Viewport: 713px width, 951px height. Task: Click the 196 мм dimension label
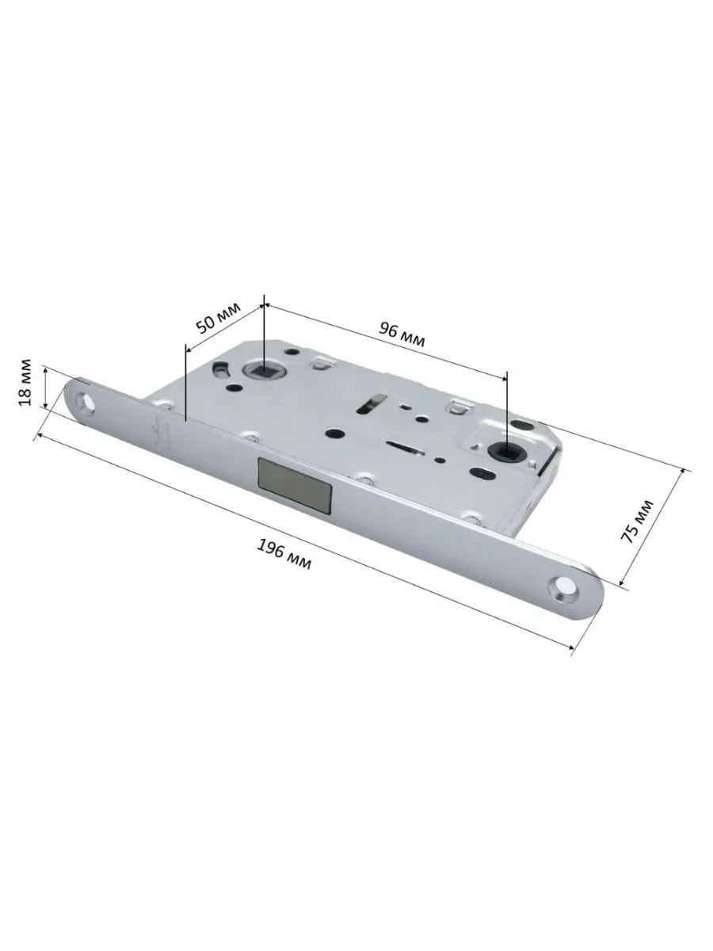284,554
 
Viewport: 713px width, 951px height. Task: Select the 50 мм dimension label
218,319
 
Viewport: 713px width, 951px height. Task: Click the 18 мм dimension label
25,382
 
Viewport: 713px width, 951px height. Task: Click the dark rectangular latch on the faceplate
295,483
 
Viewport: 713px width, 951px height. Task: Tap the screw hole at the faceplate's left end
86,400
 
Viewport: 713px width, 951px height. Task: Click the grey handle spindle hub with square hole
261,369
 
